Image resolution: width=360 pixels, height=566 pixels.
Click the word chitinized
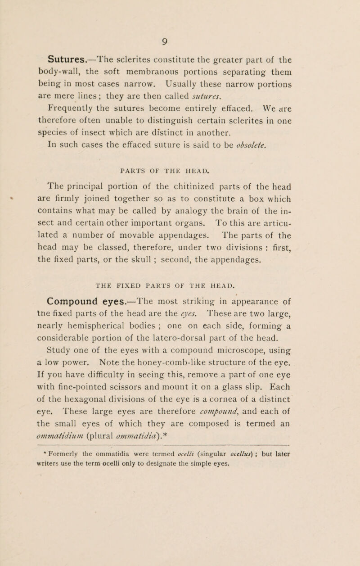tap(186, 186)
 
